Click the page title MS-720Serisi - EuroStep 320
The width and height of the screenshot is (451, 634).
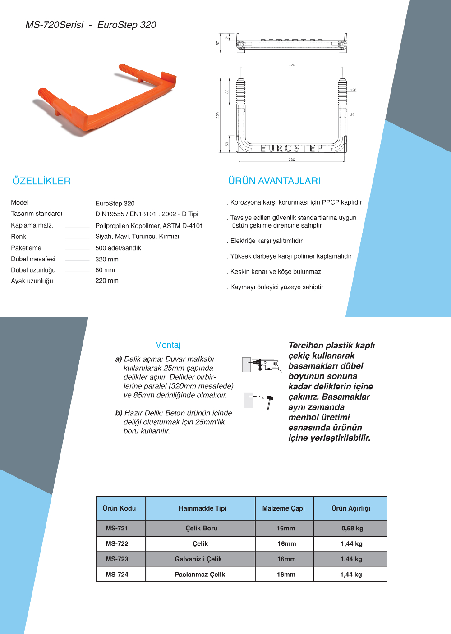tap(91, 25)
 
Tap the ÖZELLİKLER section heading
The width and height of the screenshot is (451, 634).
tap(41, 181)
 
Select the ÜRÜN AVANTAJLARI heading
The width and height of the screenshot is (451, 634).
tap(274, 181)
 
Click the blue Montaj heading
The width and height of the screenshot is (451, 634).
tap(168, 345)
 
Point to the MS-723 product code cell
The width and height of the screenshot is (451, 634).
tap(117, 559)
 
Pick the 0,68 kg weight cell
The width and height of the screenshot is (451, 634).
tap(352, 529)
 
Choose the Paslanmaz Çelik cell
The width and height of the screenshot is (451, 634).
tap(200, 575)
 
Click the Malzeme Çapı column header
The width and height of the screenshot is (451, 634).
tap(284, 508)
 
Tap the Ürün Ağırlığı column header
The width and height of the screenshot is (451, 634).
tap(351, 508)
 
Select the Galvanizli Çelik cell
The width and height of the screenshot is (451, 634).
tap(198, 559)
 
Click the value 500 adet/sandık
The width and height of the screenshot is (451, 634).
tap(118, 248)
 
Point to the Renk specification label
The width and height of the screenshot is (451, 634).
tap(18, 237)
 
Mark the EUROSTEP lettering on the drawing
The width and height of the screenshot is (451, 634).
tap(292, 148)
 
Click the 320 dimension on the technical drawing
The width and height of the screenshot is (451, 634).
tap(292, 65)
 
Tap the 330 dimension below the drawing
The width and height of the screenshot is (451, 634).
tap(292, 160)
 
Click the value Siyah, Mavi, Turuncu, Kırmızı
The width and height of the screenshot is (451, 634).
tap(137, 237)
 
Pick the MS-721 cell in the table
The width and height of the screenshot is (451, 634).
tap(117, 529)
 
